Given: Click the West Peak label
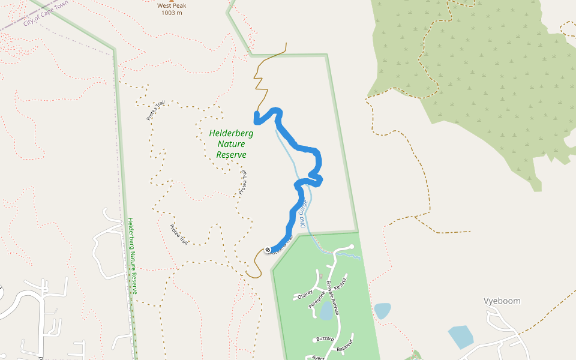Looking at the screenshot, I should click(171, 6).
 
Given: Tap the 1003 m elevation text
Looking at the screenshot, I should click(172, 13).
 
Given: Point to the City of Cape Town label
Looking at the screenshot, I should click(44, 14).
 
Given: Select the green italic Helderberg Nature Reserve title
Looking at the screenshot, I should click(231, 144).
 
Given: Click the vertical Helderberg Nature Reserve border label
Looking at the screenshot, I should click(134, 256).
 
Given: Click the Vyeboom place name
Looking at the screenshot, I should click(502, 301).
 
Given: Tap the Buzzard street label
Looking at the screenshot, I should click(324, 338).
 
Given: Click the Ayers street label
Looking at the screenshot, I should click(317, 358).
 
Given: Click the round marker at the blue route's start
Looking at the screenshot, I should click(267, 250).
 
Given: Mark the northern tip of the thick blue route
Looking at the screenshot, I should click(257, 114).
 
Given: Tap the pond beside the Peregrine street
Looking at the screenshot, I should click(326, 311).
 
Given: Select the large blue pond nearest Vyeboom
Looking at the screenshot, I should click(460, 337).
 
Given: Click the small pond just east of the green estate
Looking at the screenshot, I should click(382, 310).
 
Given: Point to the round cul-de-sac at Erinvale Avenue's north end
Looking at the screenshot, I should click(350, 247).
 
